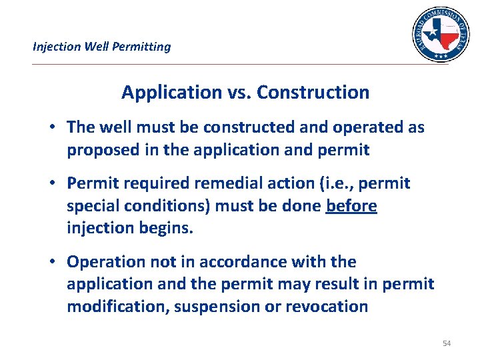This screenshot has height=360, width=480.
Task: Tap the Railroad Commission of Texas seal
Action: tap(440, 35)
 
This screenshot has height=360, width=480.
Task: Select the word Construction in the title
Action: tap(313, 92)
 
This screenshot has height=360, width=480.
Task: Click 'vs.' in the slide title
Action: tap(237, 92)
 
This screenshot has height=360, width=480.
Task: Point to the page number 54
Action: tap(447, 343)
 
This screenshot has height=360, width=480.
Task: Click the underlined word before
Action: tap(351, 206)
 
